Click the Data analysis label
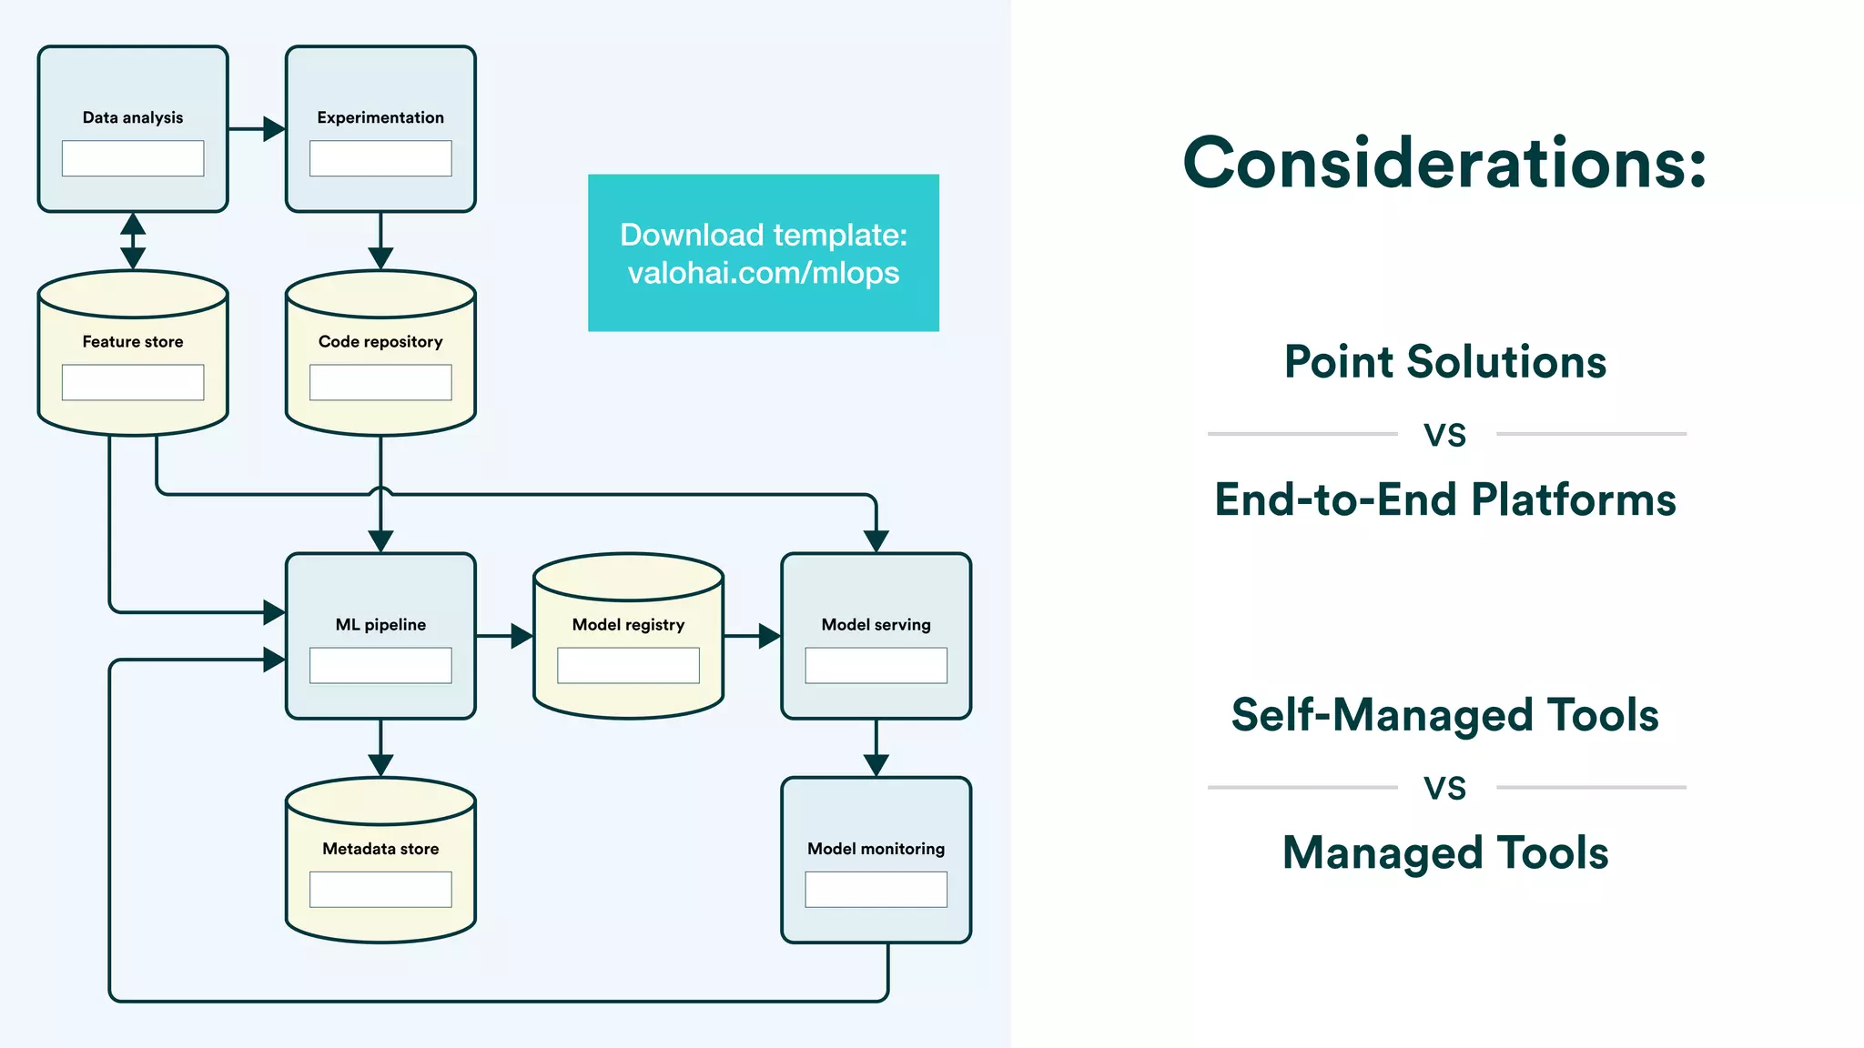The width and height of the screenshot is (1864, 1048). click(x=133, y=117)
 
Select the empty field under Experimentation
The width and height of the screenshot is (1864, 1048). click(x=380, y=158)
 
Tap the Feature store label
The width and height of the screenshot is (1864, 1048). click(x=133, y=342)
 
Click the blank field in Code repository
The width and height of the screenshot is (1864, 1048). click(x=380, y=382)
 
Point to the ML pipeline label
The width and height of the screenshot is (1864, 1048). click(x=380, y=625)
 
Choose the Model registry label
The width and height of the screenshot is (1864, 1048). click(x=628, y=625)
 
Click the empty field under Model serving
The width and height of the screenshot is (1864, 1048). click(x=876, y=665)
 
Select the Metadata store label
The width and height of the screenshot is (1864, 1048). click(x=380, y=849)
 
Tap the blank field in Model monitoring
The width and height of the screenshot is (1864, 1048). click(x=876, y=889)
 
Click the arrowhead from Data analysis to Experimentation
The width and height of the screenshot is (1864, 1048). click(x=273, y=129)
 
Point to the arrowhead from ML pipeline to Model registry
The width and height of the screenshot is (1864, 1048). click(x=521, y=636)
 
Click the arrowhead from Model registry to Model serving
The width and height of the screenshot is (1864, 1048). click(x=768, y=636)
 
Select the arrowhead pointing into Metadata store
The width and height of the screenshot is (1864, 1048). click(x=380, y=764)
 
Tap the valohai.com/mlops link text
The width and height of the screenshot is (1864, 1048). click(x=764, y=273)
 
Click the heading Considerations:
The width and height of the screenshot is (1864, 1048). click(x=1444, y=164)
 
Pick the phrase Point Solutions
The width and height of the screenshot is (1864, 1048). click(x=1444, y=362)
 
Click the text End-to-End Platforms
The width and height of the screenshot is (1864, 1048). click(x=1444, y=500)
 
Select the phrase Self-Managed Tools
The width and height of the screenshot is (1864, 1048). click(x=1444, y=715)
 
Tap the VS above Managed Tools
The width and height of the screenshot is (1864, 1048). click(x=1444, y=788)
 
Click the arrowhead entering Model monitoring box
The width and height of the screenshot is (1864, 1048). click(x=876, y=764)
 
